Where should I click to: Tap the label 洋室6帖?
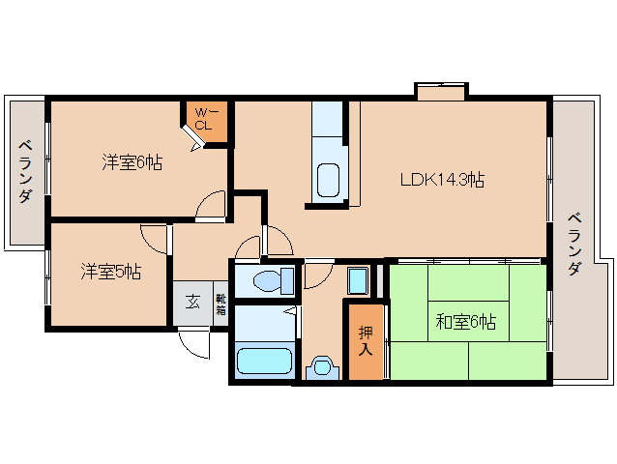coord(132,162)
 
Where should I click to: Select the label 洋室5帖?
coord(109,272)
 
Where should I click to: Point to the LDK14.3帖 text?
coord(443,179)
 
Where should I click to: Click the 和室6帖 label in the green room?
coord(465,322)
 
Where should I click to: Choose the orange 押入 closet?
coord(366,340)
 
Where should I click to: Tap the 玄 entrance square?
coord(191,302)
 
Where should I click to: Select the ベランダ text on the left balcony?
coord(25,170)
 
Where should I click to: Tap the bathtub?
coord(265,361)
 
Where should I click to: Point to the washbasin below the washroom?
coord(323,366)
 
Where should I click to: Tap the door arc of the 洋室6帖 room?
coord(211,205)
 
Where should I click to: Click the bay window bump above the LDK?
coord(441,91)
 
